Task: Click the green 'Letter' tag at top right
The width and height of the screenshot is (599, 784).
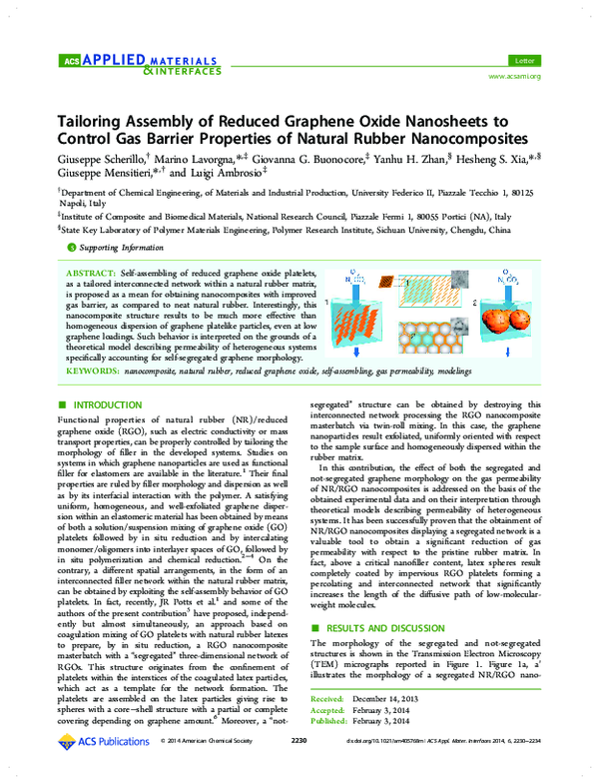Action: click(520, 62)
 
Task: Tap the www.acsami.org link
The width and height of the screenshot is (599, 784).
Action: click(514, 77)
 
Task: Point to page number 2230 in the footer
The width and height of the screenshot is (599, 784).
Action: click(298, 768)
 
